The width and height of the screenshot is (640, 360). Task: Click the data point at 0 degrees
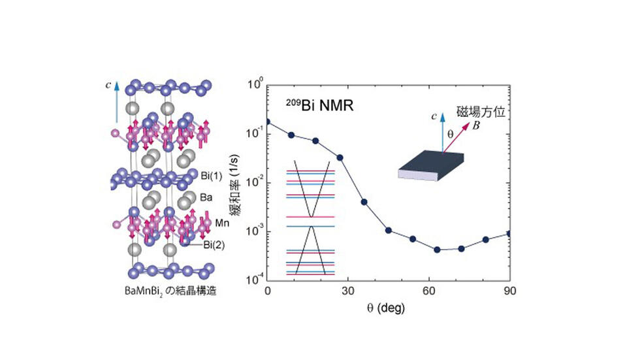click(268, 122)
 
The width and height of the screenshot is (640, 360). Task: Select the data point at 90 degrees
click(509, 233)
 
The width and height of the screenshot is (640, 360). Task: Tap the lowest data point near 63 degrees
click(437, 250)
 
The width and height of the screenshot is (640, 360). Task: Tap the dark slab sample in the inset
click(431, 167)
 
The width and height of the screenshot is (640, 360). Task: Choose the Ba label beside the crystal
click(205, 196)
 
